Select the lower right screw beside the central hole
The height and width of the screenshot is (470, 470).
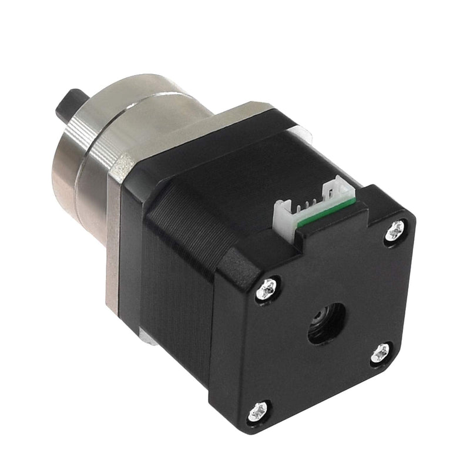point(380,352)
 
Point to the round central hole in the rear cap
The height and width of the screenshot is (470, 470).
point(326,323)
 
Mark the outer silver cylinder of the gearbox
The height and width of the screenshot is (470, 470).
point(70,176)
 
